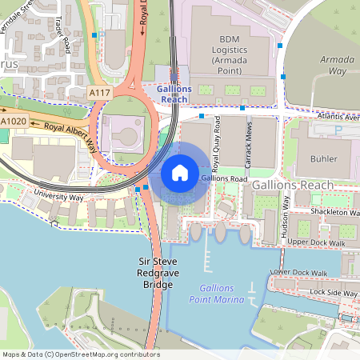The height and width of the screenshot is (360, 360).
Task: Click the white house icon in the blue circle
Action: pyautogui.click(x=180, y=172)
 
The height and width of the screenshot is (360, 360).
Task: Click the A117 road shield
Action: pyautogui.click(x=99, y=94)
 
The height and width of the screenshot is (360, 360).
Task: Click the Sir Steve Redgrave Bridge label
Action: pyautogui.click(x=157, y=273)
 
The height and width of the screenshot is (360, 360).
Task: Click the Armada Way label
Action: pyautogui.click(x=337, y=65)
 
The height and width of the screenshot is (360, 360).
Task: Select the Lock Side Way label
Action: pyautogui.click(x=334, y=293)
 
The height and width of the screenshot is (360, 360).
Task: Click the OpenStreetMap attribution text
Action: pyautogui.click(x=80, y=354)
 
